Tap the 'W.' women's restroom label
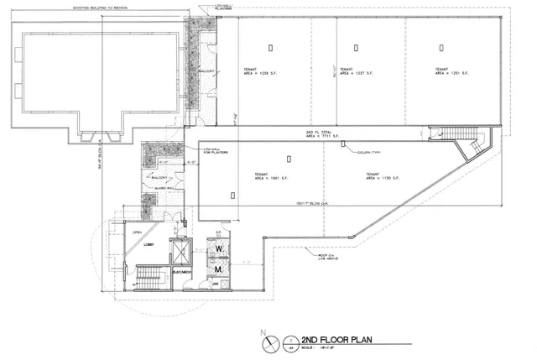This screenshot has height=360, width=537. point(217,249)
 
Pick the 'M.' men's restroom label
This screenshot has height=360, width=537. point(217,269)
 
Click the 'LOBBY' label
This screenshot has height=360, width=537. point(149,245)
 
